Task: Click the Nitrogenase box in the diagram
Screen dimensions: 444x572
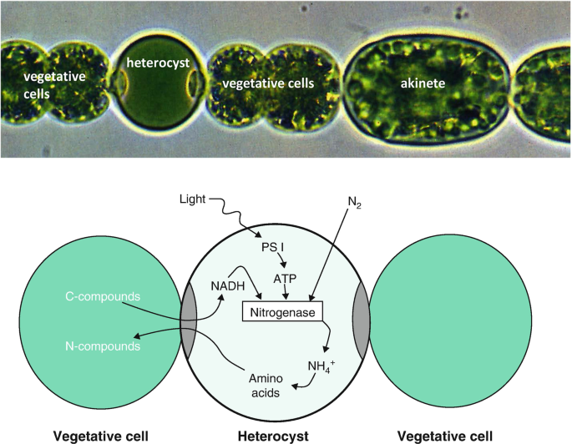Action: (283, 312)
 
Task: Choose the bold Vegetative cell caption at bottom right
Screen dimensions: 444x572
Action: (445, 435)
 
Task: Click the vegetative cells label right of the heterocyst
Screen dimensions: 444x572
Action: (268, 83)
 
